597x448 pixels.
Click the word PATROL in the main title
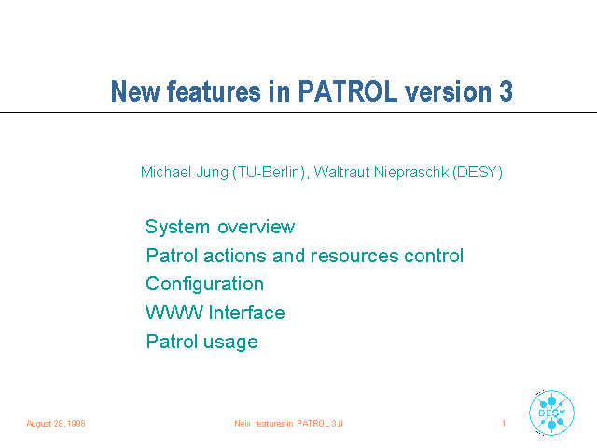348,91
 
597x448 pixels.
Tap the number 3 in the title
506,91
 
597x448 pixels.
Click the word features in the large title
214,91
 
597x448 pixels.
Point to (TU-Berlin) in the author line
269,173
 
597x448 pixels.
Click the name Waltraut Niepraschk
382,173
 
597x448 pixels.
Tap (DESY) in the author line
478,173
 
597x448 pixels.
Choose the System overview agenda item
220,227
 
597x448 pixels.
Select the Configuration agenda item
205,285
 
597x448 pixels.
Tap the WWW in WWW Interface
174,313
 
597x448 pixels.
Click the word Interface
246,313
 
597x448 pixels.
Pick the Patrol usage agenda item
202,342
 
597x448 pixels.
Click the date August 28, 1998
56,424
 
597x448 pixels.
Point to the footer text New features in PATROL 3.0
288,424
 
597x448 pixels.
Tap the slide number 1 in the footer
504,424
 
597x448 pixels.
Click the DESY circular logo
551,413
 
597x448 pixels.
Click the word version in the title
448,91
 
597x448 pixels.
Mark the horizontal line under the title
298,112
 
